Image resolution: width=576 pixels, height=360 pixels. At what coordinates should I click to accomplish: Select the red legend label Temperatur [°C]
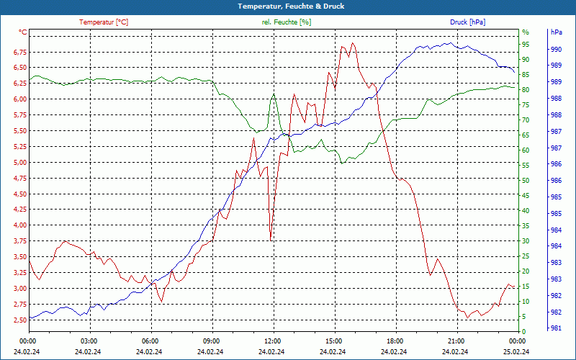coord(104,22)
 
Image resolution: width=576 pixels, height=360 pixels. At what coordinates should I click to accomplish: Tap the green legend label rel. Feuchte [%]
coord(287,22)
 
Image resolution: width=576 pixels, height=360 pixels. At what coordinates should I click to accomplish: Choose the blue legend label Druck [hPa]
coord(467,22)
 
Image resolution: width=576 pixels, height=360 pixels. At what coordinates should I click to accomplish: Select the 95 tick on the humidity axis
coord(526,45)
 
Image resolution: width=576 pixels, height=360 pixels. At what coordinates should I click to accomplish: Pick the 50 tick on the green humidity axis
coord(526,181)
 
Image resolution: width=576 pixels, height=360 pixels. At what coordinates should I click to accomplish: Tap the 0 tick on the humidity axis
coord(524,332)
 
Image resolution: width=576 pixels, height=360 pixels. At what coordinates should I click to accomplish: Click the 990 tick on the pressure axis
coord(556,50)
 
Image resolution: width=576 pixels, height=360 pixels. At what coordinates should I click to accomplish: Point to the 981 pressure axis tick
coord(556,328)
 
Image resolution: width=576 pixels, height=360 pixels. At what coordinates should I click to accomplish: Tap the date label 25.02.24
coord(516,351)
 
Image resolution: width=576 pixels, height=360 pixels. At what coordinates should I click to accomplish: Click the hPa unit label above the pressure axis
coord(556,32)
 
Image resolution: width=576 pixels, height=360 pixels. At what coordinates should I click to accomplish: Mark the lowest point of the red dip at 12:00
coord(271,238)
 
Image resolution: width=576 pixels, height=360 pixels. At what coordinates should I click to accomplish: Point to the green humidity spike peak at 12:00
coord(274,94)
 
